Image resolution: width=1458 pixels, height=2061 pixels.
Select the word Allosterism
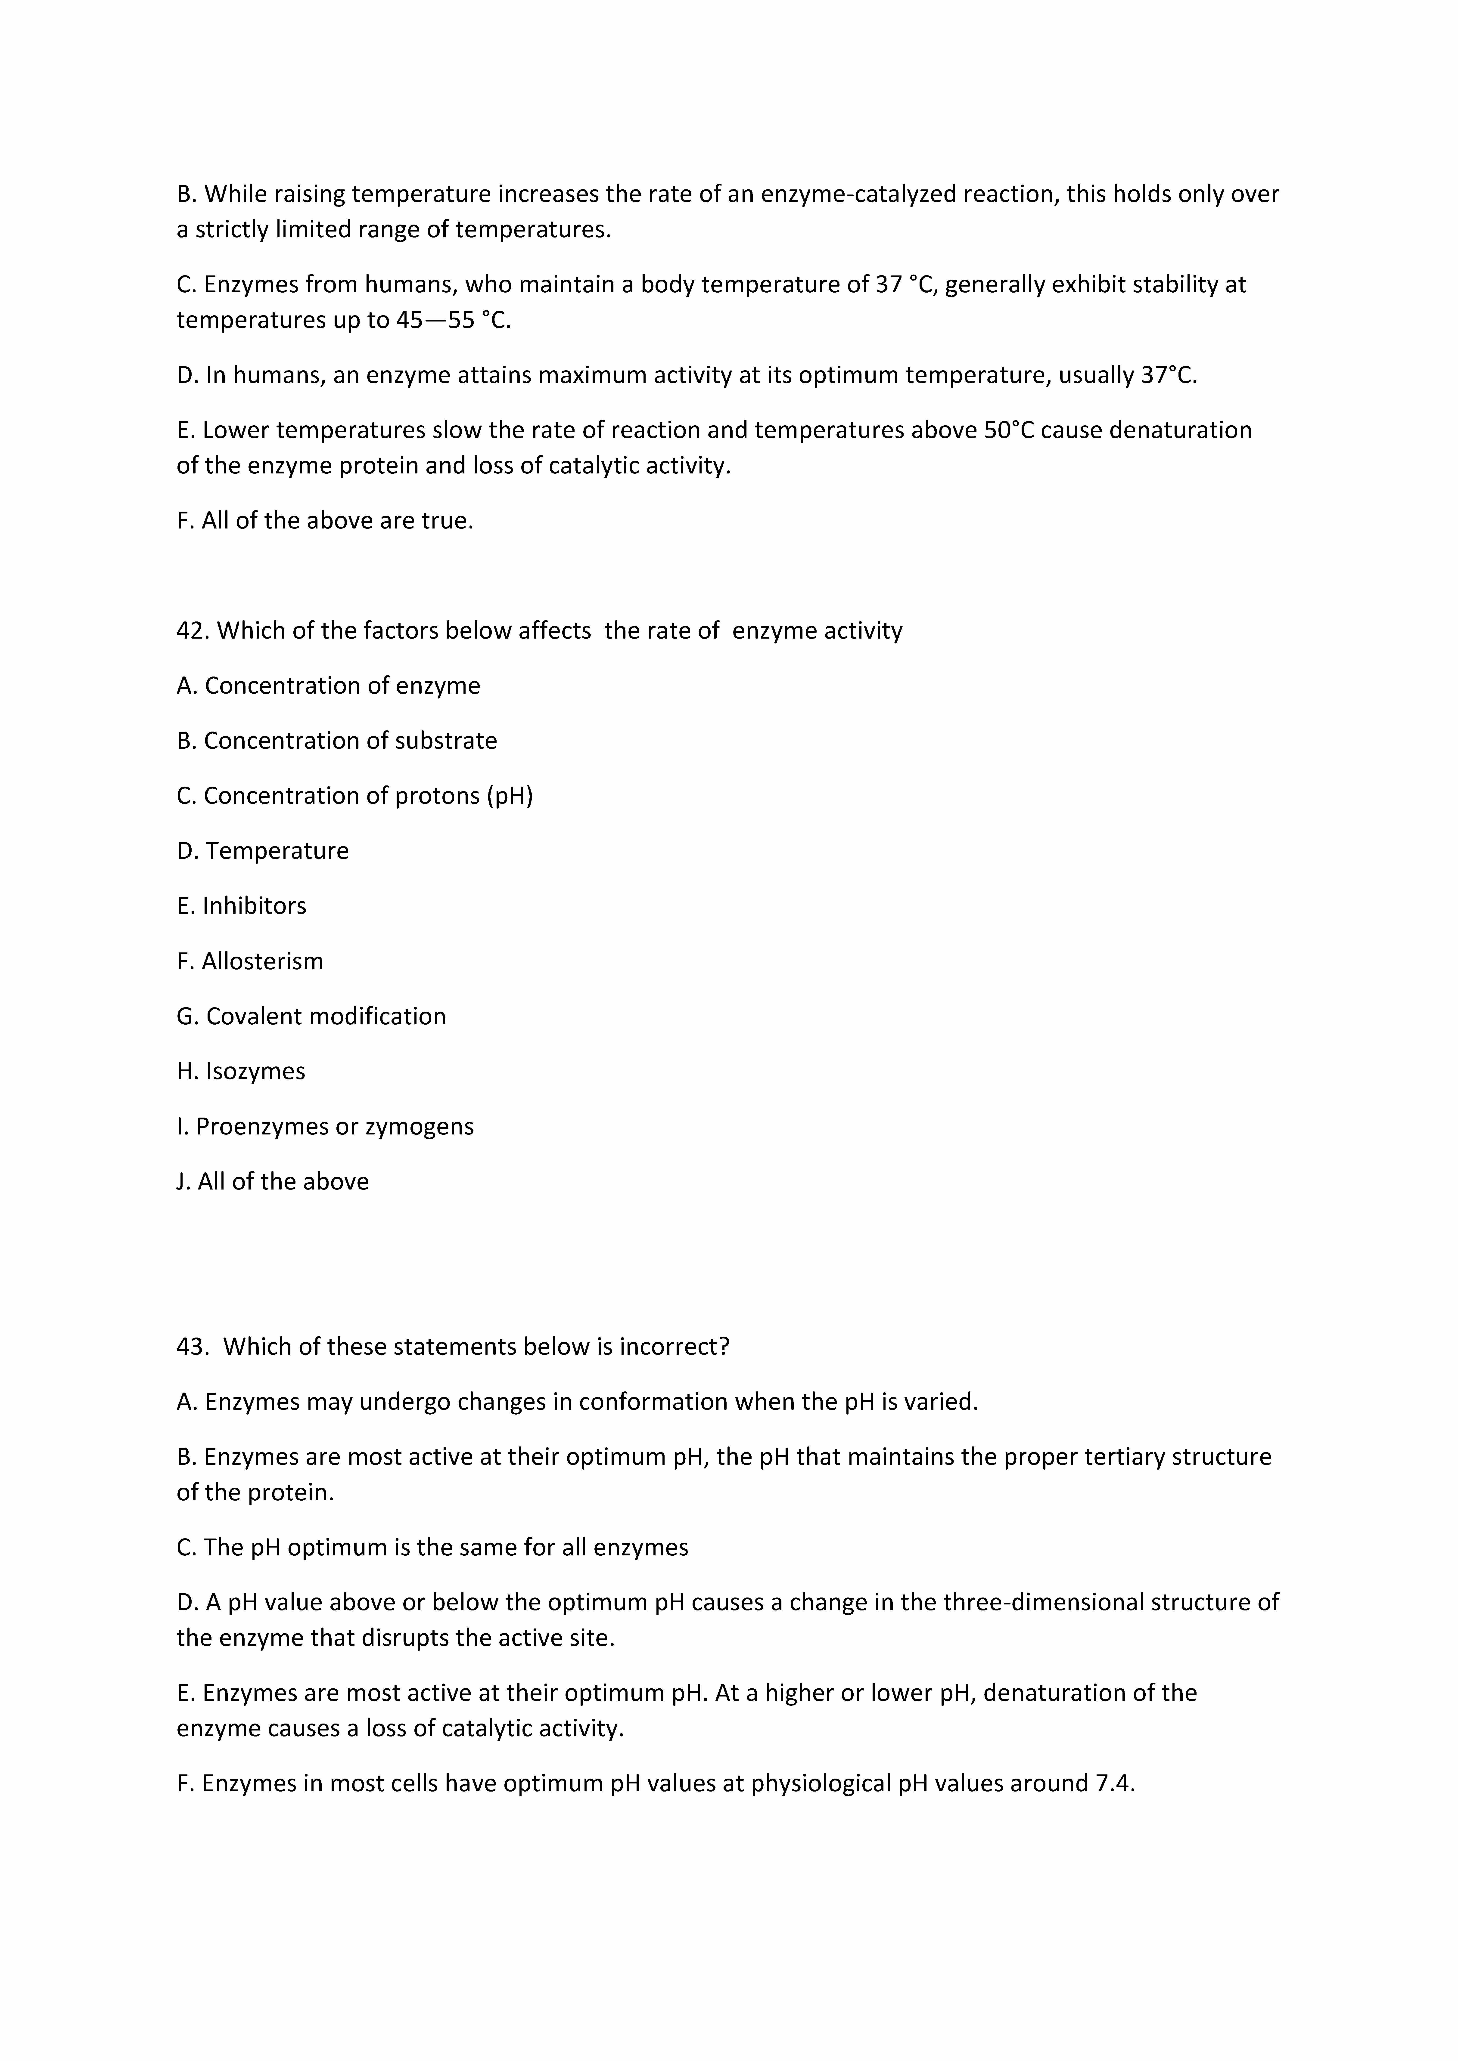coord(262,961)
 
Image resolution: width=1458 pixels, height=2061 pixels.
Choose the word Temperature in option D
coord(277,851)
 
